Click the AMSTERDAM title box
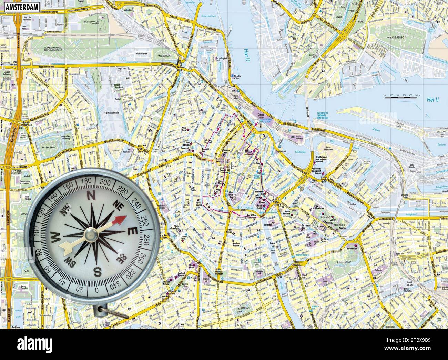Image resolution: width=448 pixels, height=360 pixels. click(x=20, y=6)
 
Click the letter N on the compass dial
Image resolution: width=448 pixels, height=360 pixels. click(x=91, y=196)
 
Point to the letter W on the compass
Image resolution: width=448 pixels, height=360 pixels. click(x=55, y=237)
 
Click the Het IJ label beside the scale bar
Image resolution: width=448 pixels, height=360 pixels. click(x=432, y=100)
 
